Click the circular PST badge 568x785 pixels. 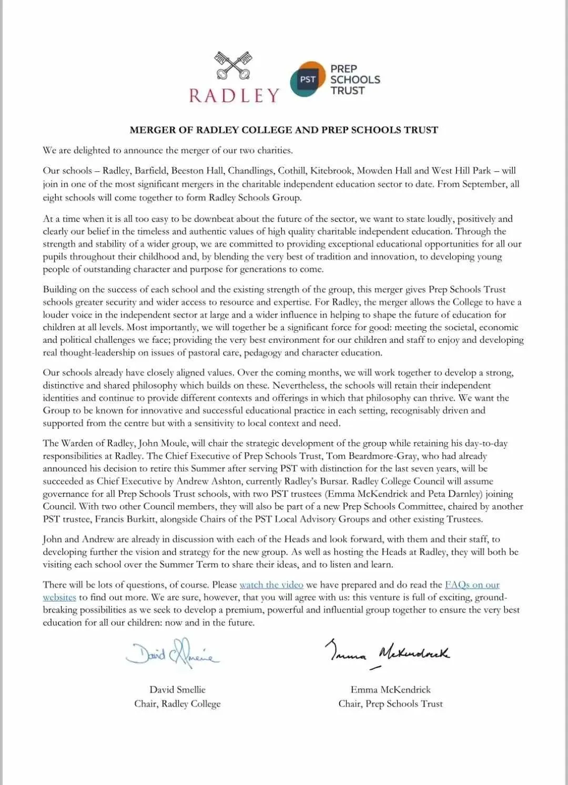[308, 79]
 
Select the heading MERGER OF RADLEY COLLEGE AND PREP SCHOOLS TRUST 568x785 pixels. [283, 130]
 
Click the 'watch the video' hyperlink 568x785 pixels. [271, 585]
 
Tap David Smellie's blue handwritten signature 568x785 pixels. [173, 654]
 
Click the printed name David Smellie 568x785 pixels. [177, 689]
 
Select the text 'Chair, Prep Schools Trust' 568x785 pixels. [390, 704]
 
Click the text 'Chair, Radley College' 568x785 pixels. [177, 704]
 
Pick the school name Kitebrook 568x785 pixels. [331, 170]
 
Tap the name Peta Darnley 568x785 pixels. [454, 494]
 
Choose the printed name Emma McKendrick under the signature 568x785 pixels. [390, 689]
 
